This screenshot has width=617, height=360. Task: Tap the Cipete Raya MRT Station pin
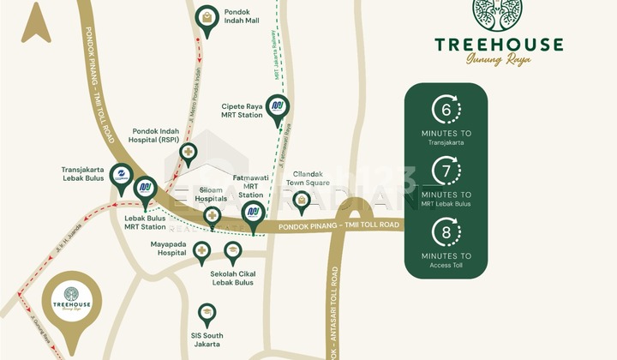coord(277,107)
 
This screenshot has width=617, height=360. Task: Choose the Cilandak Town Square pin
coord(301,201)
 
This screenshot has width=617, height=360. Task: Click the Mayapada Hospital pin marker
coord(202,250)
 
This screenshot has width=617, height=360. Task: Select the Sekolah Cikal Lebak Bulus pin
coord(232,250)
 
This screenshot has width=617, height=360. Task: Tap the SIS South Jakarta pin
coord(207,313)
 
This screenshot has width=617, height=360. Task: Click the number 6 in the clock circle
coord(446,110)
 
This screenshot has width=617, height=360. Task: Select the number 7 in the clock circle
coord(446,171)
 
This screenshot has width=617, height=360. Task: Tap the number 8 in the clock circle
coord(446,232)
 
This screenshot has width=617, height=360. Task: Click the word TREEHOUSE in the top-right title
coord(498,45)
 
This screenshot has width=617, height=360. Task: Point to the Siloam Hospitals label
coord(211,194)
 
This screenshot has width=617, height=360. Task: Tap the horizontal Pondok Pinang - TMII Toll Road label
coord(338,225)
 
